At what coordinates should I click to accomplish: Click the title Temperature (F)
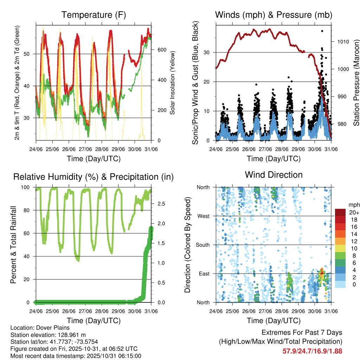click(x=94, y=15)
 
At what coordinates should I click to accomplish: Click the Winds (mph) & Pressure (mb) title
click(x=274, y=15)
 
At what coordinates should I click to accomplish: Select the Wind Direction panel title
click(x=274, y=174)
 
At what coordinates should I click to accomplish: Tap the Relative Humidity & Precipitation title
click(x=94, y=177)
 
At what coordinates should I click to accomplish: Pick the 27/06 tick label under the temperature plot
click(x=85, y=149)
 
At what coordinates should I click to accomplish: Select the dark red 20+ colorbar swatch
click(x=340, y=212)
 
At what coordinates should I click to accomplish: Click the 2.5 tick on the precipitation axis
click(x=157, y=204)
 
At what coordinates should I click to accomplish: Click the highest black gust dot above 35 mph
click(x=322, y=31)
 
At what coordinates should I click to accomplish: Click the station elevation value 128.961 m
click(x=70, y=335)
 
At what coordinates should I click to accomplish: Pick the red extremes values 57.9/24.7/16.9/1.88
click(x=312, y=351)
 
